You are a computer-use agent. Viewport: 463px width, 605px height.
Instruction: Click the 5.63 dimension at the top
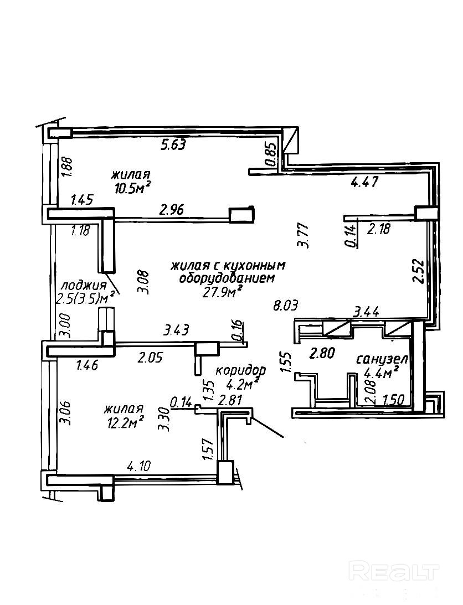tap(172, 146)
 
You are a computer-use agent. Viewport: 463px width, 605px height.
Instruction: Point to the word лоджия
tap(83, 286)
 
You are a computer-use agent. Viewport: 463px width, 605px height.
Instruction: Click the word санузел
tap(382, 359)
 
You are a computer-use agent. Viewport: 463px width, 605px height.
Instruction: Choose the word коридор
tap(240, 369)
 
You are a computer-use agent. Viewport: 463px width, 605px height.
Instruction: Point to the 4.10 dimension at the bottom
tap(139, 466)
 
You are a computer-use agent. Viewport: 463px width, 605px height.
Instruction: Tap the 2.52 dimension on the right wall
tap(419, 272)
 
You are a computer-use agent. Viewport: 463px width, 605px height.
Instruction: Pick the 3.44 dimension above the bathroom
tap(366, 313)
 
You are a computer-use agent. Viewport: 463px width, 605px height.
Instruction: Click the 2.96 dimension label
tap(172, 209)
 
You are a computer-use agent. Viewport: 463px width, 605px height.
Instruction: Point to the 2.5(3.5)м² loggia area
tap(85, 299)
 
